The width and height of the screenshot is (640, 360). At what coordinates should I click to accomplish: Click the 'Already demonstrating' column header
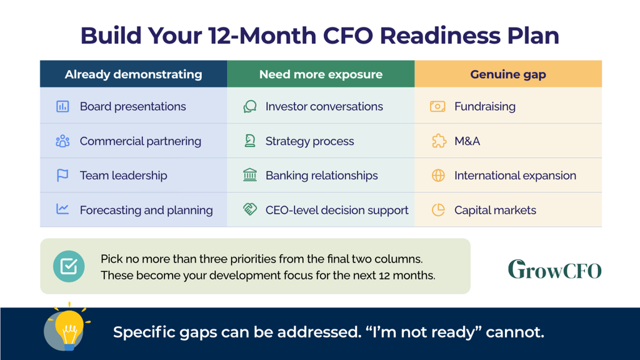pos(134,74)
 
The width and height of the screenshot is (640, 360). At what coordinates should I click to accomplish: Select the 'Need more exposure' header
pos(321,74)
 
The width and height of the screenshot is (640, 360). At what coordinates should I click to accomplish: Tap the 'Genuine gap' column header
pos(508,74)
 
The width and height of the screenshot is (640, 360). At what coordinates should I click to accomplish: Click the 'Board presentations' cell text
pos(132,106)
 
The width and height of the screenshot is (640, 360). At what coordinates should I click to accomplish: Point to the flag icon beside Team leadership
pos(62,176)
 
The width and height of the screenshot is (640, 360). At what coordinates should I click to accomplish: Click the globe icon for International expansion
pos(438,176)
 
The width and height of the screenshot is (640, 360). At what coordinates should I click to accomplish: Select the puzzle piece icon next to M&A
pos(439,141)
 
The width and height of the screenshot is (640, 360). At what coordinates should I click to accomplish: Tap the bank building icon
pos(250,175)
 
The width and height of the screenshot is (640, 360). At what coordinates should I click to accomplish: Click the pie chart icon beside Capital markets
pos(438,210)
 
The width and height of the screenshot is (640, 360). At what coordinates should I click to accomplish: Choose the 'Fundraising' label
pos(485,106)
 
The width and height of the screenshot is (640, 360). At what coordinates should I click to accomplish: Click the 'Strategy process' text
pos(310,141)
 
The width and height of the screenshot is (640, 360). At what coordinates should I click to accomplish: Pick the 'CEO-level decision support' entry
pos(337,210)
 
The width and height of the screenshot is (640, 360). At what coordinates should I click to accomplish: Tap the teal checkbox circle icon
pos(69,266)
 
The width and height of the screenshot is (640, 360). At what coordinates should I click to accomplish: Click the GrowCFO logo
pos(555,269)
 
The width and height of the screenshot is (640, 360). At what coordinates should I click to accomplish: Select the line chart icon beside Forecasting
pos(62,209)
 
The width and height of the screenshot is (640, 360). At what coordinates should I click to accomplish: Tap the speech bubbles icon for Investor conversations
pos(250,106)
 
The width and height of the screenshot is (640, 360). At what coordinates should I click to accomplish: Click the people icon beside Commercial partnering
pos(62,141)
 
